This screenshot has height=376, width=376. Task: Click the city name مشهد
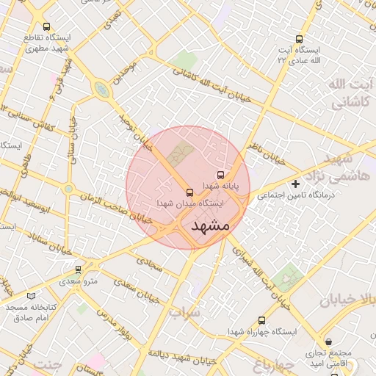pyautogui.click(x=210, y=226)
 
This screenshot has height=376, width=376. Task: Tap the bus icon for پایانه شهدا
pyautogui.click(x=221, y=175)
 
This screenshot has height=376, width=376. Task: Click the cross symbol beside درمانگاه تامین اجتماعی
pyautogui.click(x=296, y=184)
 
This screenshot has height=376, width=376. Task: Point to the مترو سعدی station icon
pyautogui.click(x=79, y=270)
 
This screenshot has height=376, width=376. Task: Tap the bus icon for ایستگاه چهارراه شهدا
pyautogui.click(x=262, y=320)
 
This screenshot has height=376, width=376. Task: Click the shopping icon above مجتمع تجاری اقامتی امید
pyautogui.click(x=328, y=341)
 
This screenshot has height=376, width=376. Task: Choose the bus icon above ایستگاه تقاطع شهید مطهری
pyautogui.click(x=47, y=26)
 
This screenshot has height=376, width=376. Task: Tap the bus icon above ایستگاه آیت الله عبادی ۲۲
pyautogui.click(x=299, y=39)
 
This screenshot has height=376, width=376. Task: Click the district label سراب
pyautogui.click(x=184, y=312)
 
